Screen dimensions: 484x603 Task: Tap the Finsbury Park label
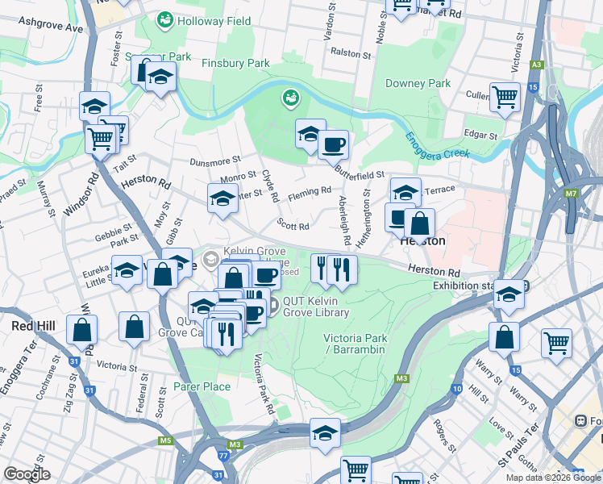click(x=235, y=63)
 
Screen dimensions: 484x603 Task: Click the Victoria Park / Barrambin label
click(x=355, y=344)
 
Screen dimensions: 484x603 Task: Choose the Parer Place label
click(x=202, y=387)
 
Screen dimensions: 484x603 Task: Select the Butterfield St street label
click(x=360, y=174)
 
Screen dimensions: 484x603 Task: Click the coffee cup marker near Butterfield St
click(x=332, y=145)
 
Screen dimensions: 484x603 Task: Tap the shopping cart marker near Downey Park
click(x=505, y=97)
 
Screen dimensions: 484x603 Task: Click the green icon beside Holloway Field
click(x=165, y=18)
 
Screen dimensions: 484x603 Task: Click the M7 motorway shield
click(x=572, y=194)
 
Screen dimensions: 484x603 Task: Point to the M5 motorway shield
click(x=165, y=440)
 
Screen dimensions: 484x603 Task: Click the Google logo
click(x=27, y=474)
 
